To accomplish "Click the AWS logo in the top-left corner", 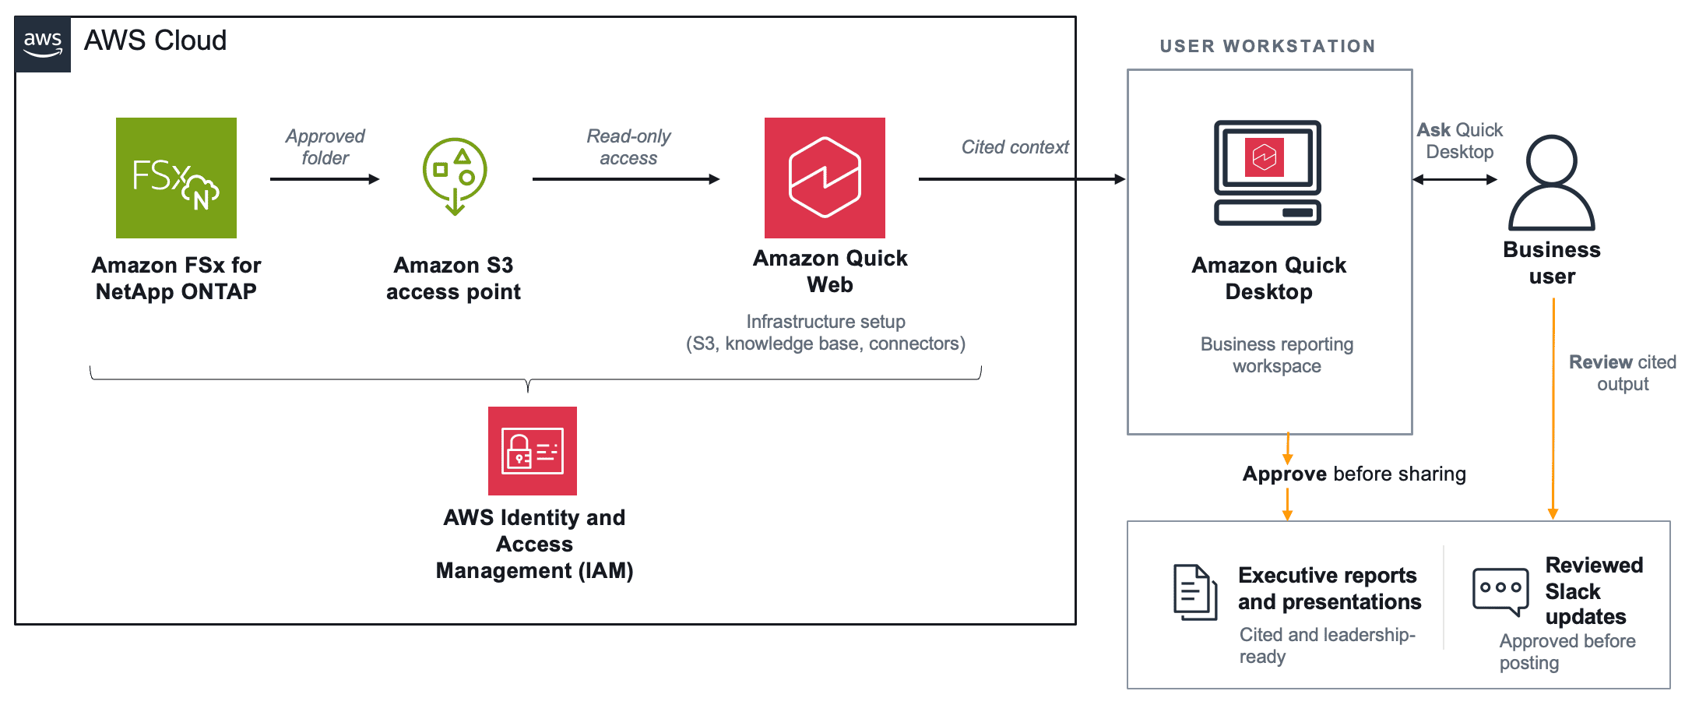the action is click(x=43, y=44).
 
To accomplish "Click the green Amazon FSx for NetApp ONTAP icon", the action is click(x=176, y=178).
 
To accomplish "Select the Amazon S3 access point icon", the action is click(x=455, y=176).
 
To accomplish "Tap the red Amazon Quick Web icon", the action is click(x=825, y=178).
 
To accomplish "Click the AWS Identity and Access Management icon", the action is click(x=533, y=451).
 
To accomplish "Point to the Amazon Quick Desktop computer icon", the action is click(x=1268, y=173).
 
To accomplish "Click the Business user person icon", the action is click(x=1552, y=183).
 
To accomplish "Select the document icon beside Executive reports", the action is click(x=1195, y=592).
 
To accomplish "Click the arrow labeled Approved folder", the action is click(x=325, y=179).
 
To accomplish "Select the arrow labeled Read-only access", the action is click(x=626, y=179).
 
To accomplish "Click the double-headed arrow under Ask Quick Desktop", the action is click(x=1455, y=179).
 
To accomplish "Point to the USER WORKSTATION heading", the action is click(x=1268, y=47).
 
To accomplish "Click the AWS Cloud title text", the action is click(x=155, y=41).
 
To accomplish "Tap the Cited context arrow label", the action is click(x=1015, y=147).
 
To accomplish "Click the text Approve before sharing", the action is click(x=1354, y=474).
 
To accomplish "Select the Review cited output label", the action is click(x=1623, y=373).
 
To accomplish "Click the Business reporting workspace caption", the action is click(x=1277, y=355).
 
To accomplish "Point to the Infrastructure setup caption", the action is click(x=825, y=333).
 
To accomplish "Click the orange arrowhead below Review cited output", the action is click(x=1553, y=513).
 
